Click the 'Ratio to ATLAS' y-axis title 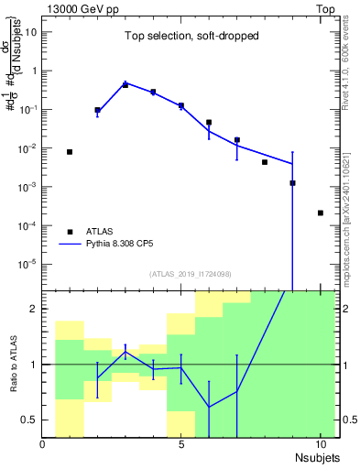tap(13, 365)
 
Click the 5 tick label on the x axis tap(181, 444)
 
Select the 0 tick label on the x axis tap(43, 444)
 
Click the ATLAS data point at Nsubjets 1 tap(70, 152)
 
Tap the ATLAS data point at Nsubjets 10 tap(320, 213)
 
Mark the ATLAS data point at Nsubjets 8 tap(265, 162)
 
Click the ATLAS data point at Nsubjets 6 tap(209, 122)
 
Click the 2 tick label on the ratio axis tap(35, 309)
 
